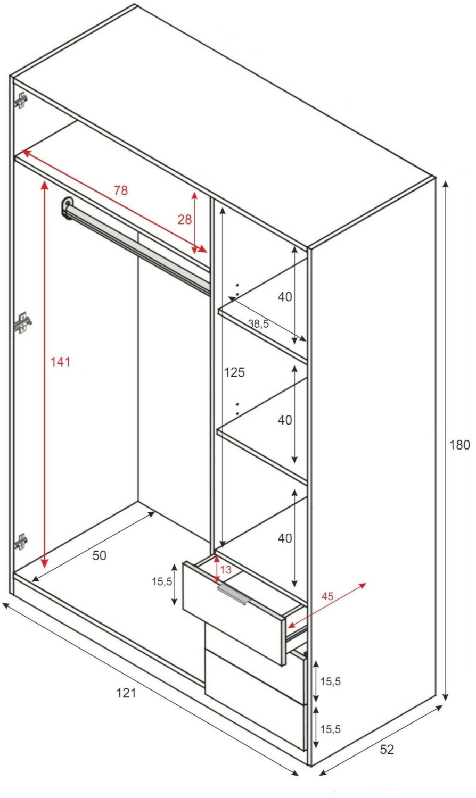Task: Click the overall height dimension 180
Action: tap(459, 445)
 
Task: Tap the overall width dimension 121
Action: tap(126, 693)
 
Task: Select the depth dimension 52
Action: tap(387, 749)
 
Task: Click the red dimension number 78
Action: tap(121, 190)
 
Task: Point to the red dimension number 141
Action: tap(60, 362)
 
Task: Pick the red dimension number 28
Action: tap(185, 219)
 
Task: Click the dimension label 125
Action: tap(234, 372)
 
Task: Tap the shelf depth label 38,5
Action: tap(259, 324)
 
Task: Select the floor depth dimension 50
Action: tap(99, 555)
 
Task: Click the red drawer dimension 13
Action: tap(225, 570)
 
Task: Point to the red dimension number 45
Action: tap(327, 596)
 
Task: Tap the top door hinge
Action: tap(21, 100)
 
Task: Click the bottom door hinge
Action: tap(21, 542)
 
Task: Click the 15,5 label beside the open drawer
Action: tap(162, 582)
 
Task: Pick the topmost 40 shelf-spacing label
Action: tap(285, 296)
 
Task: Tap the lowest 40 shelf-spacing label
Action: tap(285, 538)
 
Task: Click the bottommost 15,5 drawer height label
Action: tap(331, 729)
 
